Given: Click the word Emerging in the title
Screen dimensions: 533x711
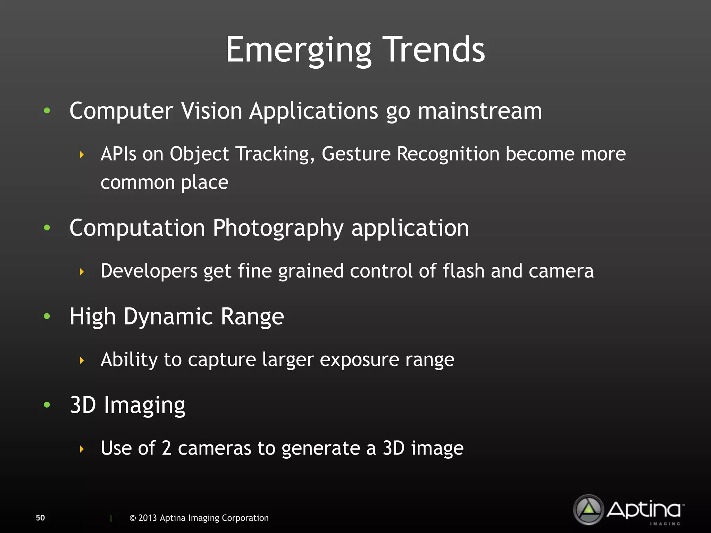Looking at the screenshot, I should tap(299, 50).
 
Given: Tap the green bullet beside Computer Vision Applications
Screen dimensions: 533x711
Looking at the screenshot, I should tap(47, 111).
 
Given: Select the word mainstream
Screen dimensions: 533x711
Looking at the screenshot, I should tap(479, 111).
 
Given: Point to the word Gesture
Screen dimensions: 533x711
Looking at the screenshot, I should tap(356, 154).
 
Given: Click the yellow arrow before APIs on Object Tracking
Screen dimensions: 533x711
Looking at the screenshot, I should tap(82, 155).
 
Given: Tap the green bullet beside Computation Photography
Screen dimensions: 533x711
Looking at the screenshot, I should tap(47, 228).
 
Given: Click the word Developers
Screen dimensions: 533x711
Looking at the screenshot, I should tap(149, 271).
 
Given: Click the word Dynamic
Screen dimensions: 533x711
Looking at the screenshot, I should tap(168, 316).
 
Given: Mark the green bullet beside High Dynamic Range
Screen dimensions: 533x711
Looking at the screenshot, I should tap(47, 316).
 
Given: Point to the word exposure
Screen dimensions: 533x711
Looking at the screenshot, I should tap(359, 360).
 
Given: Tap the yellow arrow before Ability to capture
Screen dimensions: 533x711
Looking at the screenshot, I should tap(82, 361).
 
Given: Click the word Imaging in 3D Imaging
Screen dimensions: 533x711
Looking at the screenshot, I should tap(144, 405).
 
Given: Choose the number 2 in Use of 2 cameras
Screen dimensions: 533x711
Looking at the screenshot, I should tap(167, 448).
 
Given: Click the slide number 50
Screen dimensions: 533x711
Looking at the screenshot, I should tap(40, 518).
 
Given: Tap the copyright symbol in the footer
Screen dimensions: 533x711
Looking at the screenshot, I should tap(133, 518).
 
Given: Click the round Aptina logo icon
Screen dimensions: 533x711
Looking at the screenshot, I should tap(588, 509).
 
